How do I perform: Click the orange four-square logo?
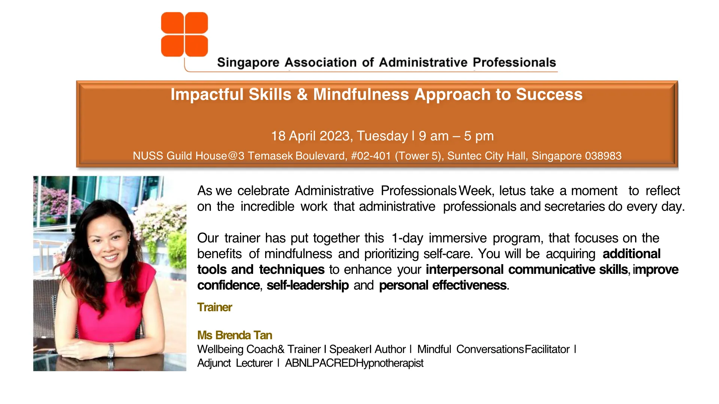[184, 34]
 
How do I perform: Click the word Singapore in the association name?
[248, 63]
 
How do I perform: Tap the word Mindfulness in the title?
[361, 94]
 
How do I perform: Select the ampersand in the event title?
[302, 95]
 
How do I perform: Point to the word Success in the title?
[549, 94]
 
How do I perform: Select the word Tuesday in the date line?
[382, 136]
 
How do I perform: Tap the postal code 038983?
[603, 156]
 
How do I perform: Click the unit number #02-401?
[371, 156]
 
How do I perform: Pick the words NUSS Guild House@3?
[188, 156]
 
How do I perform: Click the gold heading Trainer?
[215, 307]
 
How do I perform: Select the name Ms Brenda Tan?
[235, 335]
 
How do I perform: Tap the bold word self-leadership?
[308, 285]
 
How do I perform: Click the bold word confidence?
[228, 285]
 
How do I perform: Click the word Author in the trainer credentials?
[390, 349]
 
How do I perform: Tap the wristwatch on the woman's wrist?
[111, 351]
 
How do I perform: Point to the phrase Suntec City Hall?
[486, 156]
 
